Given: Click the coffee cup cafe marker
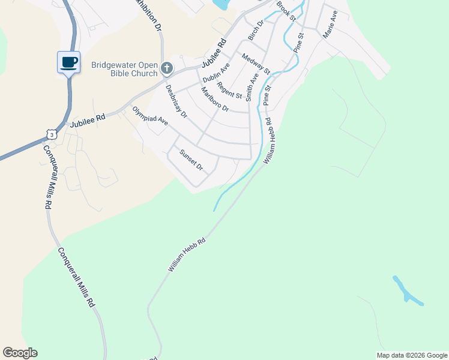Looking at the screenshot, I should pyautogui.click(x=69, y=62).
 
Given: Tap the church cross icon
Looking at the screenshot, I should pyautogui.click(x=167, y=70).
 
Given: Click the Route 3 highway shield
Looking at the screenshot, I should pyautogui.click(x=53, y=135).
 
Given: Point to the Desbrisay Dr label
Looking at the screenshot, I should pyautogui.click(x=176, y=101).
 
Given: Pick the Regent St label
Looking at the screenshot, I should pyautogui.click(x=230, y=91).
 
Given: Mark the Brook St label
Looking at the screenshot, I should pyautogui.click(x=286, y=11).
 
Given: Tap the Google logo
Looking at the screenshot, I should pyautogui.click(x=20, y=353).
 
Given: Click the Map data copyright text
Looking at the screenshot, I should pyautogui.click(x=412, y=355).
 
